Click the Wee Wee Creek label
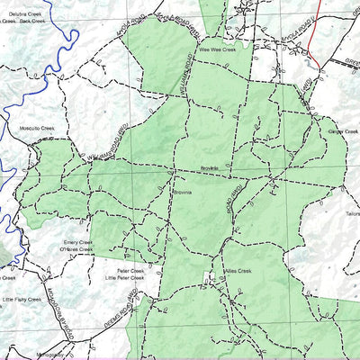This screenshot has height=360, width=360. click(x=217, y=50)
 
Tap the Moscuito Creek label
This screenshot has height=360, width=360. click(x=37, y=129)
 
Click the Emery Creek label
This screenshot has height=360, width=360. click(x=76, y=242)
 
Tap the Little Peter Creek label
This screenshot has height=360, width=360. click(x=124, y=278)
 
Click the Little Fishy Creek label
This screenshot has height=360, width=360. click(x=22, y=299)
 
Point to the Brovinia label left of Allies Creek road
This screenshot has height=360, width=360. click(x=184, y=193)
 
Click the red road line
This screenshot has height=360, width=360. click(x=312, y=36)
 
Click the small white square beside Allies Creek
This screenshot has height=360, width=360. click(x=210, y=282)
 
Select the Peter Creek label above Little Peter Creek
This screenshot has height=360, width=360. click(x=130, y=270)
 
